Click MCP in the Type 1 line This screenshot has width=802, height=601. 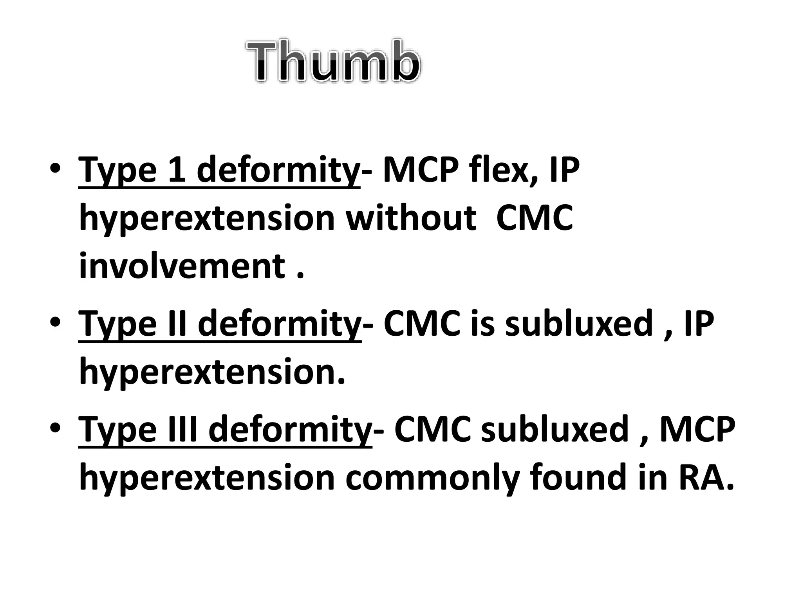(421, 169)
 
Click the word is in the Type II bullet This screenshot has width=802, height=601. (483, 323)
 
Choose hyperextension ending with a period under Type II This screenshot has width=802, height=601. (212, 373)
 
